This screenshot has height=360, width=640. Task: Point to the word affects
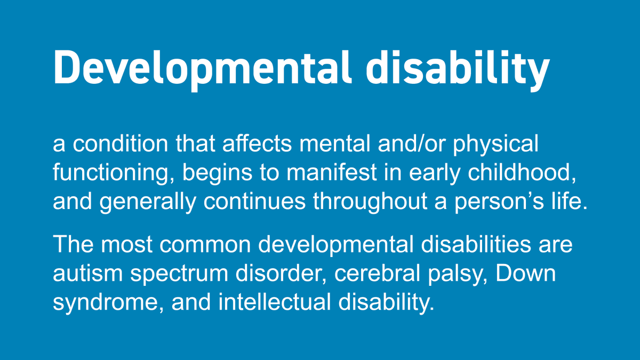[257, 144]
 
